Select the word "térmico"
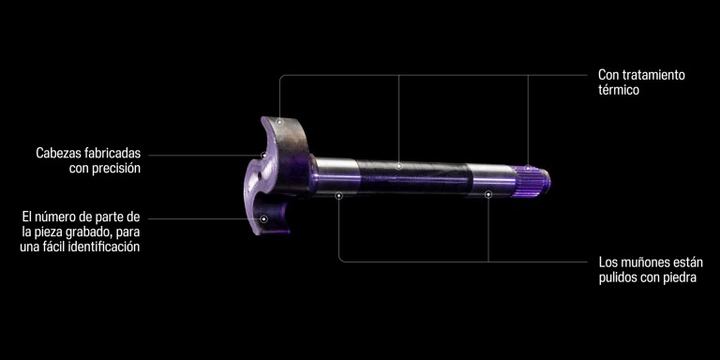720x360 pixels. click(x=619, y=90)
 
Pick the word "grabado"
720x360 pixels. click(x=89, y=232)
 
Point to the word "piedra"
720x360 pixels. click(x=681, y=278)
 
